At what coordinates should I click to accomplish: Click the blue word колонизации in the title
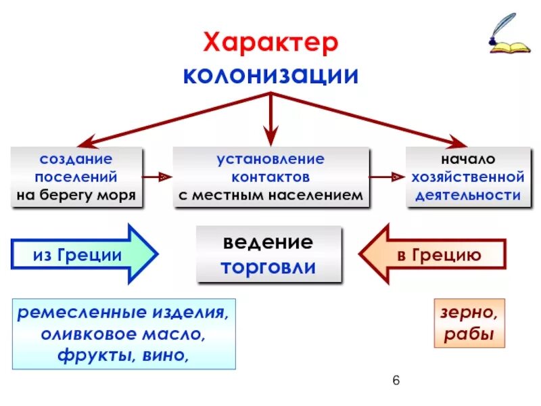coord(270,74)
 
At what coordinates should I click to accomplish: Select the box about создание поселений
coord(76,177)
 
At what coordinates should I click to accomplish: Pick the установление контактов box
coord(270,177)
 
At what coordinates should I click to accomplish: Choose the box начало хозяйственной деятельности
coord(465,177)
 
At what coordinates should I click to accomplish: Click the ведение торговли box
coord(270,254)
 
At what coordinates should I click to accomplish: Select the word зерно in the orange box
coord(469,313)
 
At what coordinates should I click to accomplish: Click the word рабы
coord(469,335)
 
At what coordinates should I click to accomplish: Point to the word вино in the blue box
coord(164,355)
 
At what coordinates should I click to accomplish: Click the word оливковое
coord(85,334)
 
